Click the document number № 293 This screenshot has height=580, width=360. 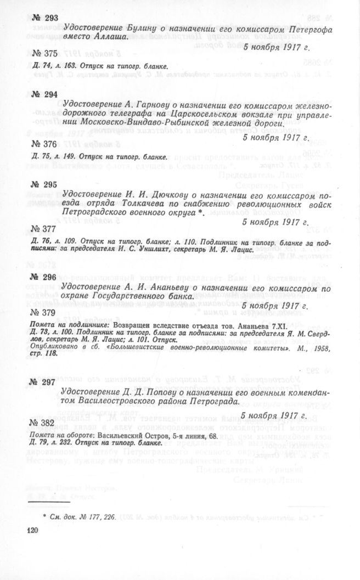click(44, 18)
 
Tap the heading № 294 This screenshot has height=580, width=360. click(44, 94)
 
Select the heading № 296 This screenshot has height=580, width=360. click(44, 277)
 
